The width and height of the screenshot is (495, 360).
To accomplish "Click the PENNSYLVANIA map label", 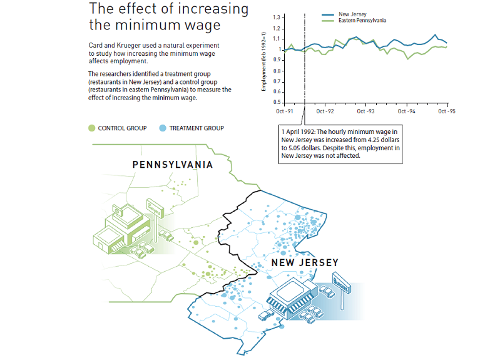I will tap(173, 165).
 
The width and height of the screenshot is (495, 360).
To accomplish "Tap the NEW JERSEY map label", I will tap(305, 263).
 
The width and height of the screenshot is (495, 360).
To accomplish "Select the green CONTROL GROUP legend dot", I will tap(91, 128).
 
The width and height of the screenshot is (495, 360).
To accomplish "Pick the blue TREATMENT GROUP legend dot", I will tap(162, 128).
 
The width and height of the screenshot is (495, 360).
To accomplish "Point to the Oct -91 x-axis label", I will tap(285, 111).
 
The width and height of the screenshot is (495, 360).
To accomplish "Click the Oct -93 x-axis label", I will tap(365, 111).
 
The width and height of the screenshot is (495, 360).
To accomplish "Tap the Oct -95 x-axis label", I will tap(446, 111).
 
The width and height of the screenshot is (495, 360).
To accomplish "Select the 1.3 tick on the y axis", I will tap(275, 18).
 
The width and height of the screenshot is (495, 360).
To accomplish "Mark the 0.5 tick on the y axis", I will tap(275, 102).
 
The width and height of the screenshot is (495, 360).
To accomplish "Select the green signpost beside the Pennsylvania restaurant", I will tap(153, 209).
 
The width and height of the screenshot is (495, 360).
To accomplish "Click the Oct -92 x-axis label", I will tap(325, 111).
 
